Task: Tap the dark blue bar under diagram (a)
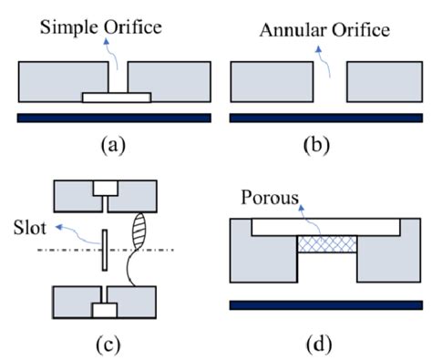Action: click(114, 118)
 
